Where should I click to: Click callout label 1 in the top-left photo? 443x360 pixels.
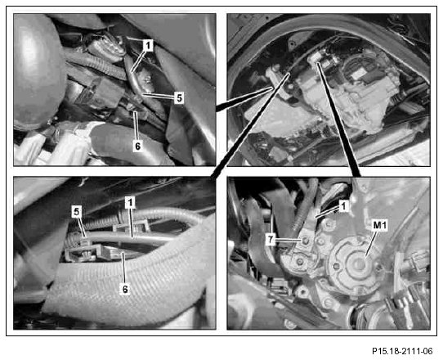tap(148, 45)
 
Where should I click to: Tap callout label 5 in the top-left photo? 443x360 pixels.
tap(179, 98)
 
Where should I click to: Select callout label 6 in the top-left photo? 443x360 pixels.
tap(137, 146)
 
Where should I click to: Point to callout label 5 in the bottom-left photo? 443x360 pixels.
tap(77, 213)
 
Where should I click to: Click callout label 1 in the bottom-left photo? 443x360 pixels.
tap(130, 202)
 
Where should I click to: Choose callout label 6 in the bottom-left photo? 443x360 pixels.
tap(124, 289)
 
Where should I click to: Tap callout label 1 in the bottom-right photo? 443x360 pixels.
tap(343, 206)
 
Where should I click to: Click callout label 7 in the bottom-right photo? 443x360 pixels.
tap(271, 240)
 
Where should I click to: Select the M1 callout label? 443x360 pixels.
tap(380, 225)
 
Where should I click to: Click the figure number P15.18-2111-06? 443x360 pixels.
tap(402, 351)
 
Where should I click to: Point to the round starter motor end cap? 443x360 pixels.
tap(356, 263)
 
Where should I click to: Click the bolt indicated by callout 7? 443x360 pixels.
tap(305, 241)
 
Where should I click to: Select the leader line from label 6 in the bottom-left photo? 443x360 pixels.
tap(123, 268)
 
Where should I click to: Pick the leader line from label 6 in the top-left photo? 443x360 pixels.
tap(136, 126)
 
